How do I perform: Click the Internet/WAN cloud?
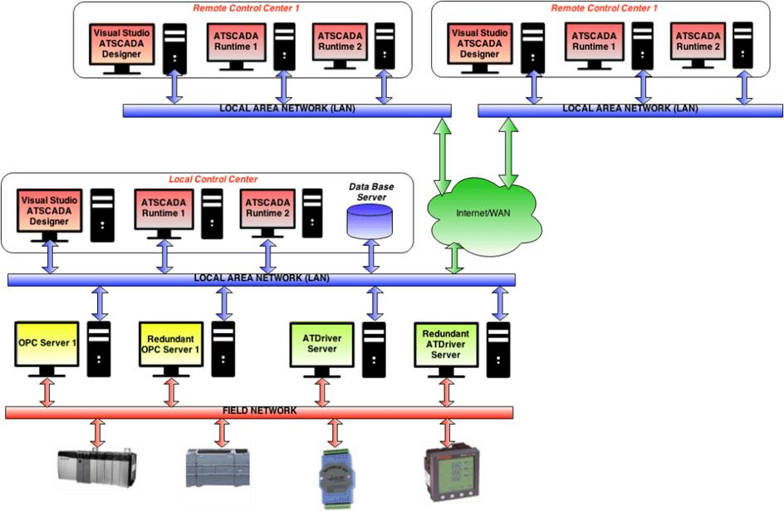click(x=486, y=214)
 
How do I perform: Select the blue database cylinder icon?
click(x=369, y=223)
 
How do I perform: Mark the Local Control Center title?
click(x=213, y=179)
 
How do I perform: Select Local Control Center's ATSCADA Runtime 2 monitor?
click(x=268, y=210)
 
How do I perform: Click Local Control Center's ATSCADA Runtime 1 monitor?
click(x=164, y=210)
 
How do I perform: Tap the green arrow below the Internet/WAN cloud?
click(x=454, y=258)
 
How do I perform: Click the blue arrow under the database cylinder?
click(x=369, y=258)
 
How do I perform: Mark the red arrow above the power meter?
click(x=447, y=433)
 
